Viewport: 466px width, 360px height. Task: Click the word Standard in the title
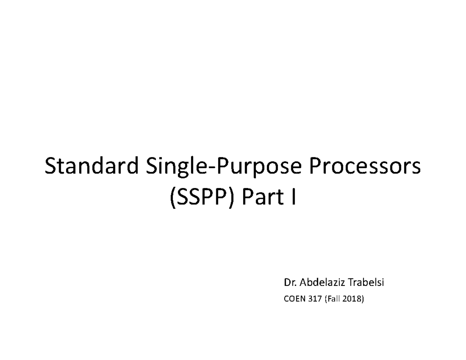coord(92,167)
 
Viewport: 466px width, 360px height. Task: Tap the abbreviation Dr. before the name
coord(290,283)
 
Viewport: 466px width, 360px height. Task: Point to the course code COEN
coord(294,299)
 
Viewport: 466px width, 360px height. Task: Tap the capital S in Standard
coord(51,167)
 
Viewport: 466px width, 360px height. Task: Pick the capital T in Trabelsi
coord(351,283)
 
